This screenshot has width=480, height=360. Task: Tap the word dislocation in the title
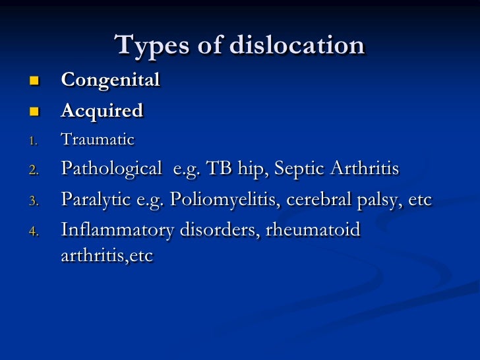(x=298, y=45)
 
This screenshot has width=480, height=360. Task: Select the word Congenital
(x=110, y=80)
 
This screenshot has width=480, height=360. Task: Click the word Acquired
(x=102, y=111)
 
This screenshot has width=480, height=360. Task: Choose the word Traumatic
(x=97, y=140)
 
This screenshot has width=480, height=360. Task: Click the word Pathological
(x=110, y=169)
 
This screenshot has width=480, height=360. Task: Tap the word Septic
(x=296, y=169)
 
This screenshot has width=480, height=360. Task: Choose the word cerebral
(x=315, y=200)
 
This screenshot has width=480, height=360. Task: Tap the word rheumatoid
(x=316, y=231)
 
